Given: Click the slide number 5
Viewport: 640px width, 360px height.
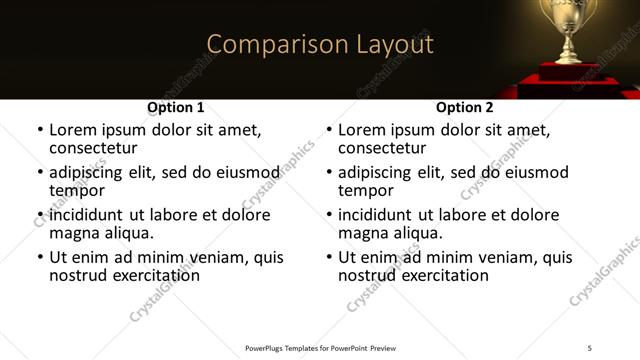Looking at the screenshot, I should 590,347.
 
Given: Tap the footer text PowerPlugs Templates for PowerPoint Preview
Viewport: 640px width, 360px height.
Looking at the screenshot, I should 320,347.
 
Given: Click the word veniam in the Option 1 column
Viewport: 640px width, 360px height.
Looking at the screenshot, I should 212,257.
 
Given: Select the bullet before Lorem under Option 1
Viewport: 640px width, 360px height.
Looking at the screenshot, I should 40,130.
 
